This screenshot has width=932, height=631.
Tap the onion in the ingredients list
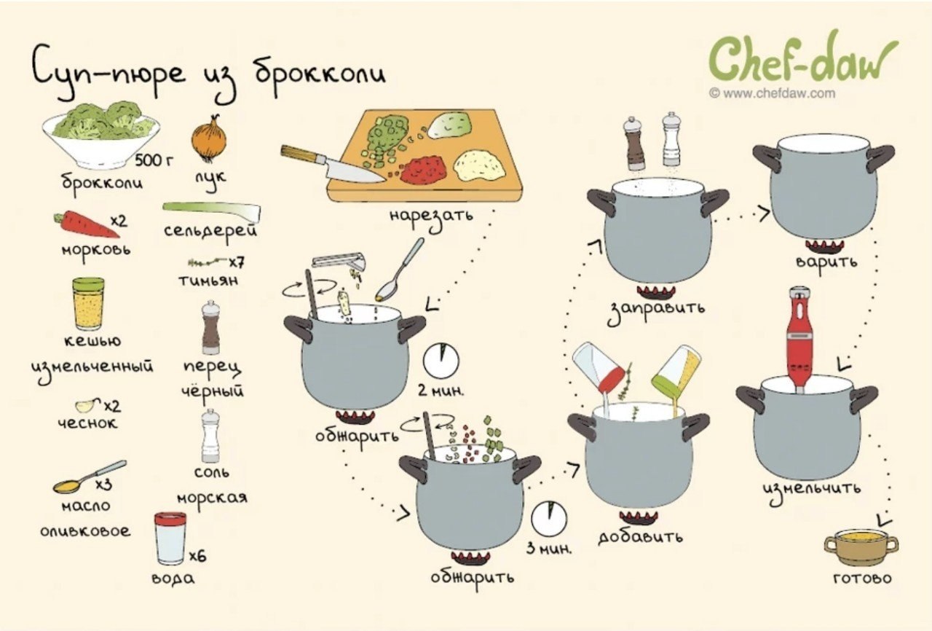tap(209, 138)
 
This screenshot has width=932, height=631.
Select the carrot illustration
tap(86, 224)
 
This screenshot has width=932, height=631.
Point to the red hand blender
tap(799, 340)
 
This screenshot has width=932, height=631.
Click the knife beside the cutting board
tap(333, 165)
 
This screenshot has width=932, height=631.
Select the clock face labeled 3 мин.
tap(549, 519)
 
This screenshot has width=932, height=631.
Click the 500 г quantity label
tap(154, 160)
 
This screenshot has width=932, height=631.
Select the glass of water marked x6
tap(170, 538)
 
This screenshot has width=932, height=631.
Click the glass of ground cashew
tap(88, 305)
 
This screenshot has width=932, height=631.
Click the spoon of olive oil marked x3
tap(90, 477)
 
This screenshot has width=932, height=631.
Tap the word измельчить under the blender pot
tap(811, 490)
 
